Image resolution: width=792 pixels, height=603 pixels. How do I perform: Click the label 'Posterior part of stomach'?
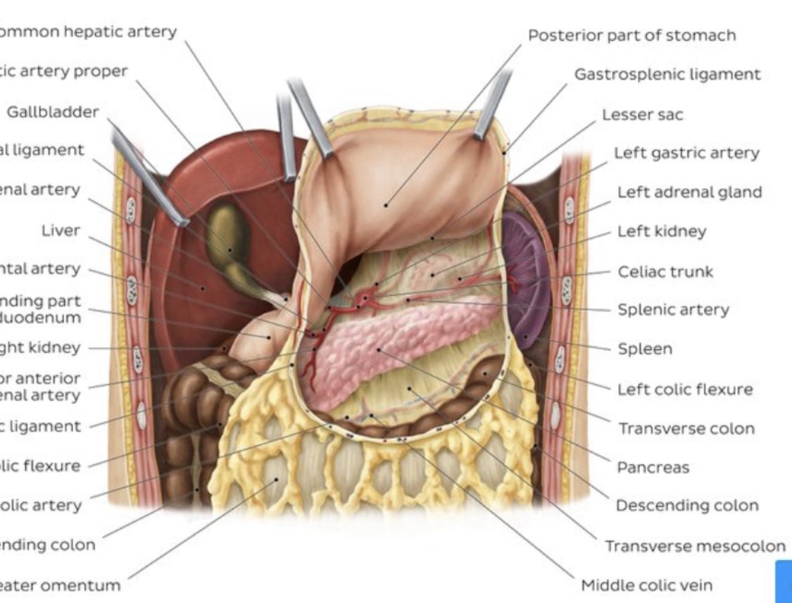[631, 35]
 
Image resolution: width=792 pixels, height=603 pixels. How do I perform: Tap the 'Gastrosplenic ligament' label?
[667, 74]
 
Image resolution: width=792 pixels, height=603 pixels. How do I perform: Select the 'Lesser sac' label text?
[642, 114]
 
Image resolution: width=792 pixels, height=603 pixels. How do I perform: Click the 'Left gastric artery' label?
[686, 153]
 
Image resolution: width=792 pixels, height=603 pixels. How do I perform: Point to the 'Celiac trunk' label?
[665, 271]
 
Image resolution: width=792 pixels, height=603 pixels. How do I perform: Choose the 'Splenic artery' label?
[673, 309]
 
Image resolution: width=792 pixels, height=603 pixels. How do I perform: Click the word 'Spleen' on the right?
[645, 349]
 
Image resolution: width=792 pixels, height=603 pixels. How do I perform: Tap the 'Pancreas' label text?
[653, 467]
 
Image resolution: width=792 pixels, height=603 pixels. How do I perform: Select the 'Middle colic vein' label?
[646, 585]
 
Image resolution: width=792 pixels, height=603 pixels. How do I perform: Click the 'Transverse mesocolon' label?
[695, 546]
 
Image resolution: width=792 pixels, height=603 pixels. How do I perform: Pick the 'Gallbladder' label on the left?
[53, 112]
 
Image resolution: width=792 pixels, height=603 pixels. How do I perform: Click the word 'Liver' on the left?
[61, 230]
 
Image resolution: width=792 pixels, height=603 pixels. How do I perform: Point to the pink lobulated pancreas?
[394, 338]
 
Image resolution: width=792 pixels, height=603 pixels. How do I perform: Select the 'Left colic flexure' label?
[685, 389]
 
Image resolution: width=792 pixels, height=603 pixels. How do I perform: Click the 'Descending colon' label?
[687, 505]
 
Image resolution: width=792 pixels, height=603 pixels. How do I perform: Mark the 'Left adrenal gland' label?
[689, 192]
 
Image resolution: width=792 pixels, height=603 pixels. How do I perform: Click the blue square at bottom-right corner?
[784, 581]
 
